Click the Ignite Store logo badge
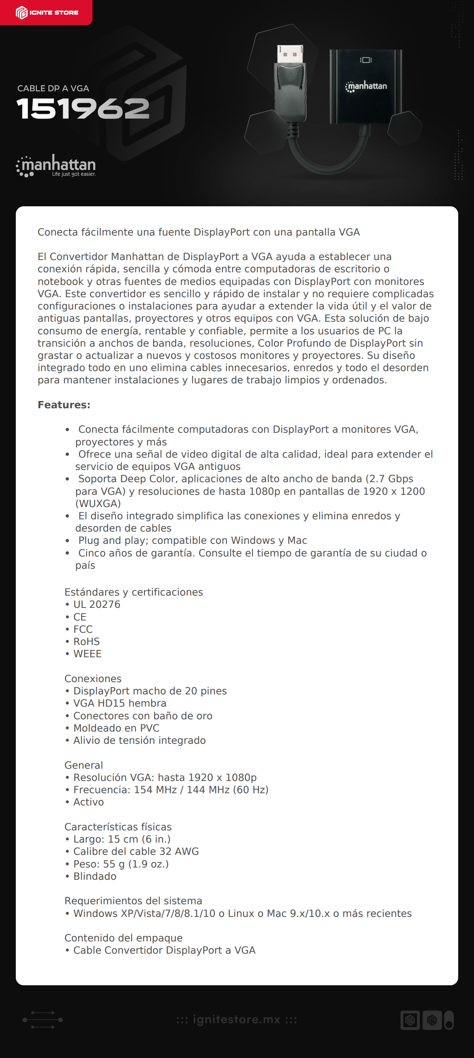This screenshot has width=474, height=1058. [x=46, y=13]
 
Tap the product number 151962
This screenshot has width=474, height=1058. [x=83, y=109]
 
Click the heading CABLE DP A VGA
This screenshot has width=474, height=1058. [x=53, y=88]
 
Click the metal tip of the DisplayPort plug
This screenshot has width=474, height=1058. [x=290, y=54]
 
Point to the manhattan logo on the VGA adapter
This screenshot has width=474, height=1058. [x=366, y=86]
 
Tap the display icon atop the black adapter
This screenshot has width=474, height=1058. [x=366, y=60]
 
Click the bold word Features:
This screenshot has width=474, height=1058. [x=64, y=405]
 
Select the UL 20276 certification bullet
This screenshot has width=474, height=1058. [x=96, y=605]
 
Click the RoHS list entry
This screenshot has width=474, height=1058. [x=86, y=641]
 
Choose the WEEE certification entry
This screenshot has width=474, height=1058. [x=87, y=654]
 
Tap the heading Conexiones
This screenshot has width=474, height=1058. [x=93, y=679]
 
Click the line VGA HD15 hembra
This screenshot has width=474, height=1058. [x=119, y=703]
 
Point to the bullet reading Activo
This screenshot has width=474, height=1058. [x=88, y=802]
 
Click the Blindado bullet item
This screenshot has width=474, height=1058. [x=94, y=876]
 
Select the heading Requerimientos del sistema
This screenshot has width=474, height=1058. [x=133, y=901]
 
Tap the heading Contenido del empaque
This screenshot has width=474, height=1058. [x=123, y=938]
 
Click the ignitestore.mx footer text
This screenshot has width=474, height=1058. [x=237, y=1019]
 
